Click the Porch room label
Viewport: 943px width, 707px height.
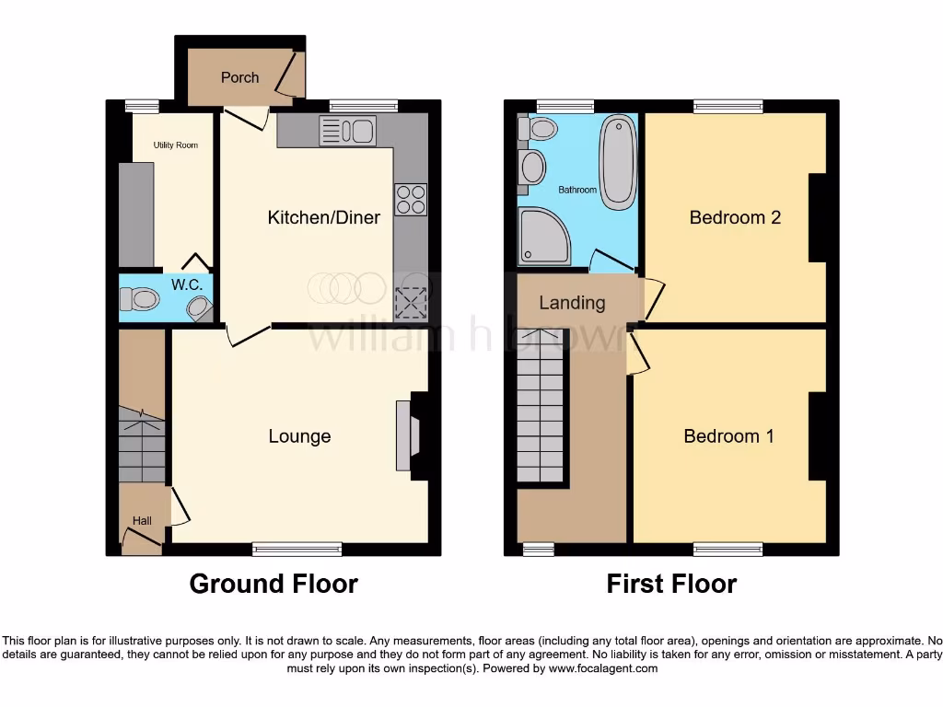[239, 77]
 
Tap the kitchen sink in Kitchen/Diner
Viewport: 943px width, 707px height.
[346, 132]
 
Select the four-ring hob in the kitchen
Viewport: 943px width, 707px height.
[411, 200]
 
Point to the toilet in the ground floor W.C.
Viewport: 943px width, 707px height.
[141, 298]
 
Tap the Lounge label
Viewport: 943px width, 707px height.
[299, 436]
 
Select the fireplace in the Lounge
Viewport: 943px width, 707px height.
[405, 436]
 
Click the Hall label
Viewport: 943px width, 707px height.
[142, 521]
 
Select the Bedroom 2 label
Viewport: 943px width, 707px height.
[735, 217]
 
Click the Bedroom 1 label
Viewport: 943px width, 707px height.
[728, 436]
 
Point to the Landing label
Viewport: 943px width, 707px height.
[572, 303]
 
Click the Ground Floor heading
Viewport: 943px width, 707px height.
[274, 584]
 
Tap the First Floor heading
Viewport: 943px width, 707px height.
[671, 584]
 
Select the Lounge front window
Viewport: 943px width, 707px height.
[297, 550]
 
